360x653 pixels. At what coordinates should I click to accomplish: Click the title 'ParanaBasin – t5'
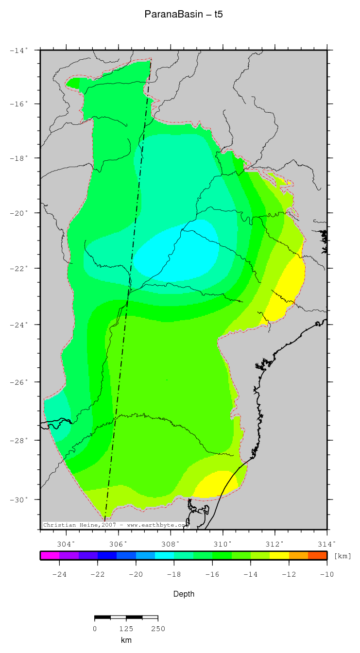point(183,15)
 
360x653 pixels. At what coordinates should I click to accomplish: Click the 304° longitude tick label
point(66,544)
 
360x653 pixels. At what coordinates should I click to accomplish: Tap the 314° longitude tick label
point(326,544)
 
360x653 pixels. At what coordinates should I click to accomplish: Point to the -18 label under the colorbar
point(174,574)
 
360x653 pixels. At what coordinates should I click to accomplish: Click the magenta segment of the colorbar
point(50,555)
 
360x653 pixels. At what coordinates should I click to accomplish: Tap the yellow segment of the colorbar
point(279,555)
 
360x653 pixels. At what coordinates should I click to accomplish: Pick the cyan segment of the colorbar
point(165,555)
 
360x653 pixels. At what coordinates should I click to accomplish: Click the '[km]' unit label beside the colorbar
point(342,556)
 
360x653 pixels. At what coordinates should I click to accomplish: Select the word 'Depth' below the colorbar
point(184,594)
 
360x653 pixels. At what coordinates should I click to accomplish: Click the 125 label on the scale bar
point(126,629)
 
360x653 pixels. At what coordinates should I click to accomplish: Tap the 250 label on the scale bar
point(158,629)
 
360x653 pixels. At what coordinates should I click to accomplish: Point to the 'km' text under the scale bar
point(126,640)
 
